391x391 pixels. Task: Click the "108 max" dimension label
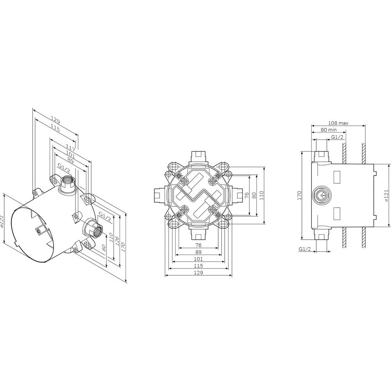tap(338, 123)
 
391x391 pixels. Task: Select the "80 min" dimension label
tap(328, 130)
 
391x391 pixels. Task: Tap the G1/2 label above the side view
tap(337, 137)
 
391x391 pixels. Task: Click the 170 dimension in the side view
tap(300, 195)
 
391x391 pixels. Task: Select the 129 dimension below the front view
tap(199, 273)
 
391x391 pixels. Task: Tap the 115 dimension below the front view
tap(199, 266)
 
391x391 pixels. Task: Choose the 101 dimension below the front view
tap(199, 259)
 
